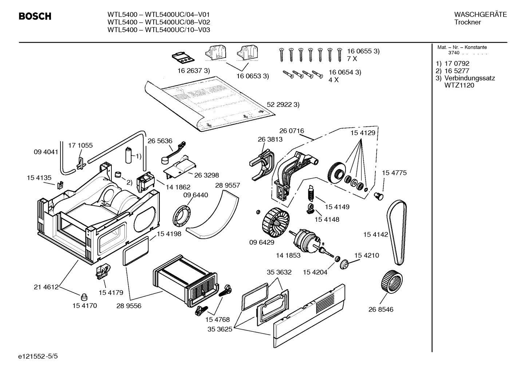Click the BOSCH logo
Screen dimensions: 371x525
point(35,16)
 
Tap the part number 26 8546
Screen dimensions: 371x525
point(381,309)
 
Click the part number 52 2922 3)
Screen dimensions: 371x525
point(283,104)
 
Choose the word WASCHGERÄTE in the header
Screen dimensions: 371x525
point(480,15)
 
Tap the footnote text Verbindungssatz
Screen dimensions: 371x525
point(470,78)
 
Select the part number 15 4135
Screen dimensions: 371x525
point(39,178)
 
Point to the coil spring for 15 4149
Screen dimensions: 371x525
point(311,193)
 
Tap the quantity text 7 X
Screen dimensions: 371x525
point(352,59)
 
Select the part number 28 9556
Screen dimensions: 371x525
point(129,306)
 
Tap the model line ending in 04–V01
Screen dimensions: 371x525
point(158,15)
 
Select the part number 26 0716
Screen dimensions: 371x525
point(292,131)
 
